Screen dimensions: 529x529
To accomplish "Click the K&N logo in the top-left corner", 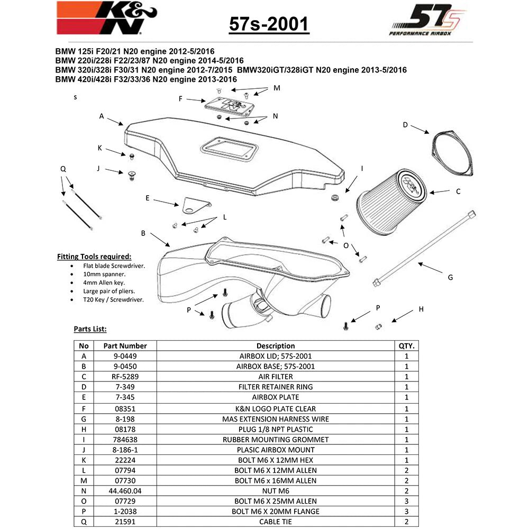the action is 107,17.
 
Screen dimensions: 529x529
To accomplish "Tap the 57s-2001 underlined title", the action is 269,24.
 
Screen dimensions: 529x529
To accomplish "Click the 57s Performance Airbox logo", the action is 427,20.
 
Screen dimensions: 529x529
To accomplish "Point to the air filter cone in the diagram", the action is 391,200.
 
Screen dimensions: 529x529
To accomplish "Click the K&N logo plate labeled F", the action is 230,106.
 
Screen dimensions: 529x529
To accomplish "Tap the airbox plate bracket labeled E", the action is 196,205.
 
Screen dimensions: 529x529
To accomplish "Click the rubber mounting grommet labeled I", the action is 335,197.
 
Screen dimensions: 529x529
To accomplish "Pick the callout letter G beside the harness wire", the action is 450,277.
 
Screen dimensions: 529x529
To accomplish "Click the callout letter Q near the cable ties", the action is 63,169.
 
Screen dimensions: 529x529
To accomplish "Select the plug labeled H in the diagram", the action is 378,326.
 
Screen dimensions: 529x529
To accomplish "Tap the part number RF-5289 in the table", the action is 125,377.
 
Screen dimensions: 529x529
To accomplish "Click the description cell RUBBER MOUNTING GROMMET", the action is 276,440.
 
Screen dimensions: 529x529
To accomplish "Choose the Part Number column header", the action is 125,346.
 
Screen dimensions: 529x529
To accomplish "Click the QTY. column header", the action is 406,346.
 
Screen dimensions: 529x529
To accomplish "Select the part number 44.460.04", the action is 125,491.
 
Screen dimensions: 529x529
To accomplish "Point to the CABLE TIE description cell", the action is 276,522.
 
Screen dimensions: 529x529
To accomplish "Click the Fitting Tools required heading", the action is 94,257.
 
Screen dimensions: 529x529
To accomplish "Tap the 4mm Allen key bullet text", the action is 104,282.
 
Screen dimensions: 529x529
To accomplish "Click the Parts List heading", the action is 90,329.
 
